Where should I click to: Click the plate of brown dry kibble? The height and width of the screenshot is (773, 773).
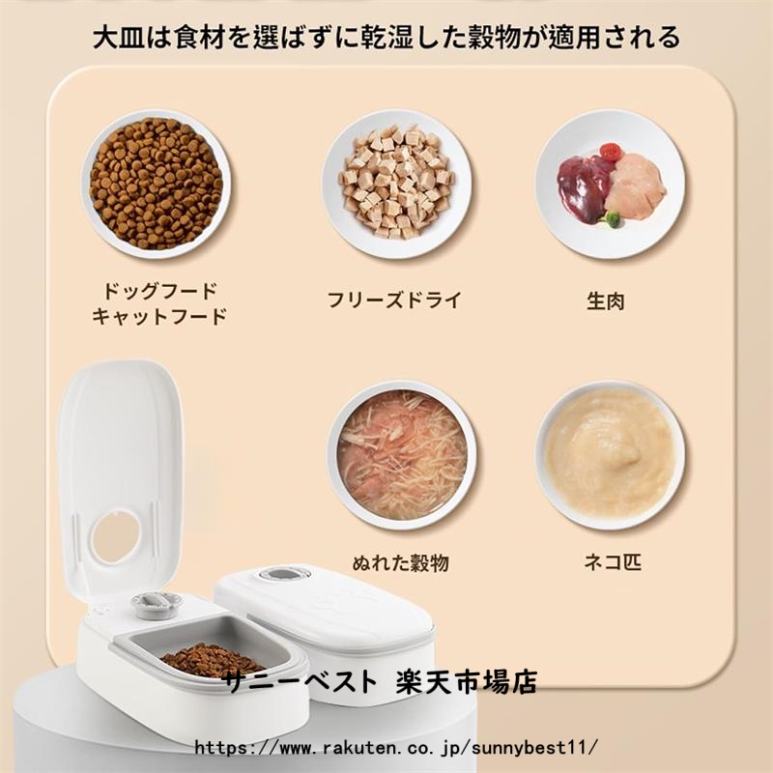point(156,184)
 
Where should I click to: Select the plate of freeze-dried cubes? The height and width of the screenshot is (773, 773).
point(397,184)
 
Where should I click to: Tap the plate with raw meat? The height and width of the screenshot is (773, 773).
point(611,184)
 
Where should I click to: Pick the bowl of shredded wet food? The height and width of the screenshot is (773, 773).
point(402,455)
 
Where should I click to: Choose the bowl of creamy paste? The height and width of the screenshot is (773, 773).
point(611,455)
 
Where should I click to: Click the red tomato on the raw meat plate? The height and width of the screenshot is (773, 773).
point(611,152)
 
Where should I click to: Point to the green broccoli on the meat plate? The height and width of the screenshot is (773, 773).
point(611,219)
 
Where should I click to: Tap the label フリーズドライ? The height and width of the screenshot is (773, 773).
point(394,300)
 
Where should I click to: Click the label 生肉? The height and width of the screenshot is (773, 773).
point(606,301)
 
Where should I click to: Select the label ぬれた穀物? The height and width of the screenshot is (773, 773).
point(401,562)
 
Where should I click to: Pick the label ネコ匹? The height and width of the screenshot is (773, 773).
point(613,561)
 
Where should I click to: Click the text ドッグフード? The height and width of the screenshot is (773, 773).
point(159,291)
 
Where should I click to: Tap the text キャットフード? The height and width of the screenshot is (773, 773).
point(159,316)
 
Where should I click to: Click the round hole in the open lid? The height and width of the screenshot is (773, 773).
point(115,536)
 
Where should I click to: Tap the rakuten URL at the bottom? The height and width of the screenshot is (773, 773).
point(396,747)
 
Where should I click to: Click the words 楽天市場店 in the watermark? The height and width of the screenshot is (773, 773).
point(467,682)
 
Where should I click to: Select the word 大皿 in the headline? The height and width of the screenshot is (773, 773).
point(119,38)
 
